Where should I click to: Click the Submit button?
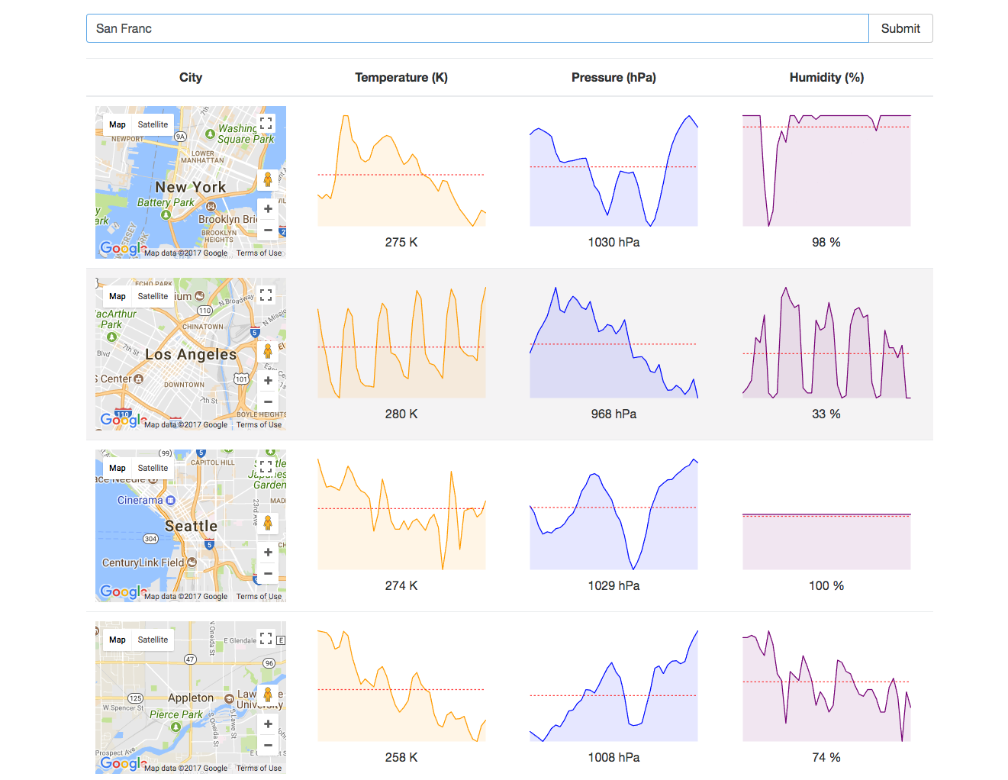[900, 28]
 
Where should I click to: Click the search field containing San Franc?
[477, 28]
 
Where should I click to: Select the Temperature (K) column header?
[401, 77]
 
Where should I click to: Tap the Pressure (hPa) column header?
[613, 77]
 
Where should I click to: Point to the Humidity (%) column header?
[826, 77]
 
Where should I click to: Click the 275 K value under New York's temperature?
[401, 242]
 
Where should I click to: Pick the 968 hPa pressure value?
[613, 414]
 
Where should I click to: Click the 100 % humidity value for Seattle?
[826, 585]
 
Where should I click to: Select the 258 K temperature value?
[401, 757]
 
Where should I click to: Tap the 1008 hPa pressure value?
[613, 757]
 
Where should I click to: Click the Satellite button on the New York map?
[153, 124]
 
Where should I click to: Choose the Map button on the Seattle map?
[118, 468]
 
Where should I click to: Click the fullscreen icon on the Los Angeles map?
[266, 295]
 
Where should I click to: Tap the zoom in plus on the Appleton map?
[268, 724]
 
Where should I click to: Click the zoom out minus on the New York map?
[268, 230]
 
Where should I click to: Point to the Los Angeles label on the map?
[191, 354]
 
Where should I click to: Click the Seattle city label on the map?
[192, 526]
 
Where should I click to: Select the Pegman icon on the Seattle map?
[268, 523]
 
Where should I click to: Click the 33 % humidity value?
[826, 414]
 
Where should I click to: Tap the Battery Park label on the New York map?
[166, 202]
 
